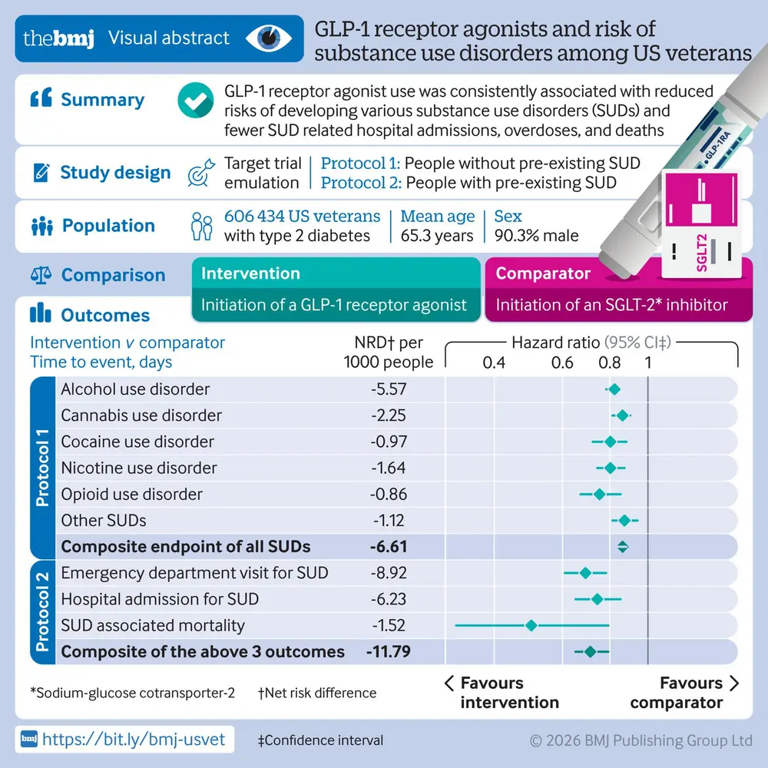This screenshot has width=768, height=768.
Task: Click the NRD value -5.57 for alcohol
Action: coord(388,389)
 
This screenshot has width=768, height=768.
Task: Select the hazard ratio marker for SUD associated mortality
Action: coord(531,625)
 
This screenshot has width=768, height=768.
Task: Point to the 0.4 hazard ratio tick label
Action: coord(494,362)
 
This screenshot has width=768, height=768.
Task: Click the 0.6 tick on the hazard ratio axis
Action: coord(562,362)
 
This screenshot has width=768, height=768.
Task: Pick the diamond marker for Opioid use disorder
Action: coord(600,494)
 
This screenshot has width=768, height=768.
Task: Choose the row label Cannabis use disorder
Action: coord(141,415)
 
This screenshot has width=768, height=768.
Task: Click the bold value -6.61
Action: coord(388,547)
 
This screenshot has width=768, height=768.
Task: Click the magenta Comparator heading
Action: coord(543,273)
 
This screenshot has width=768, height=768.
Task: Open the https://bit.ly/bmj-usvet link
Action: coord(134,740)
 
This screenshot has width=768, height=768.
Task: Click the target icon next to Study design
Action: coord(200,174)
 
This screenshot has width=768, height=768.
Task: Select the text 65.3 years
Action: coord(436,236)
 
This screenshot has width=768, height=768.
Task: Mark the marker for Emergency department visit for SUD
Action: coord(585,573)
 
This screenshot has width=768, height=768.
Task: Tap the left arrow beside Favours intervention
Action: coord(450,684)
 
